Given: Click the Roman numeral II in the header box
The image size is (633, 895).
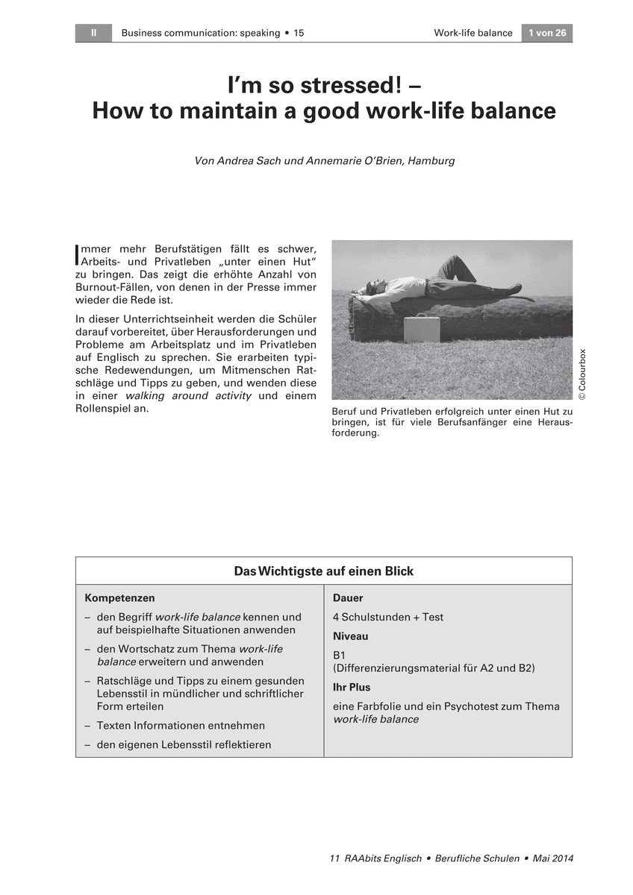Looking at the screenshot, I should [93, 33].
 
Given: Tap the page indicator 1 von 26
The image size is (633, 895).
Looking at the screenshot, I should [546, 33].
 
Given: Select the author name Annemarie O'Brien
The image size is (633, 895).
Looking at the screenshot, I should [355, 160].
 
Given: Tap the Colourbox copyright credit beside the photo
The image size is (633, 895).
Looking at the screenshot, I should [582, 379].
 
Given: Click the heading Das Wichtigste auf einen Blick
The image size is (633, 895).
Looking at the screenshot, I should [323, 571].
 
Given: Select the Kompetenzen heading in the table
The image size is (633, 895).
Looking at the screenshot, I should [119, 598].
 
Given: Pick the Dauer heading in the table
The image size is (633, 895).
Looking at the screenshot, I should [348, 598].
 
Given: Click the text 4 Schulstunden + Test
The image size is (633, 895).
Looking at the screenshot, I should [388, 618].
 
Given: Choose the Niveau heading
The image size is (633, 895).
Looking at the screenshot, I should [350, 637].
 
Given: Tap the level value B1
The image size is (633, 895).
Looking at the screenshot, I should [340, 656].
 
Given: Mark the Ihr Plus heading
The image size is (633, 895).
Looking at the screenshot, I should [352, 688].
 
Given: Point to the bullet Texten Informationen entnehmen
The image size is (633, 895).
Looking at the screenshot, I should [181, 726].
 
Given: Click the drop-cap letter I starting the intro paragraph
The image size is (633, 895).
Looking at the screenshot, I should [78, 255].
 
